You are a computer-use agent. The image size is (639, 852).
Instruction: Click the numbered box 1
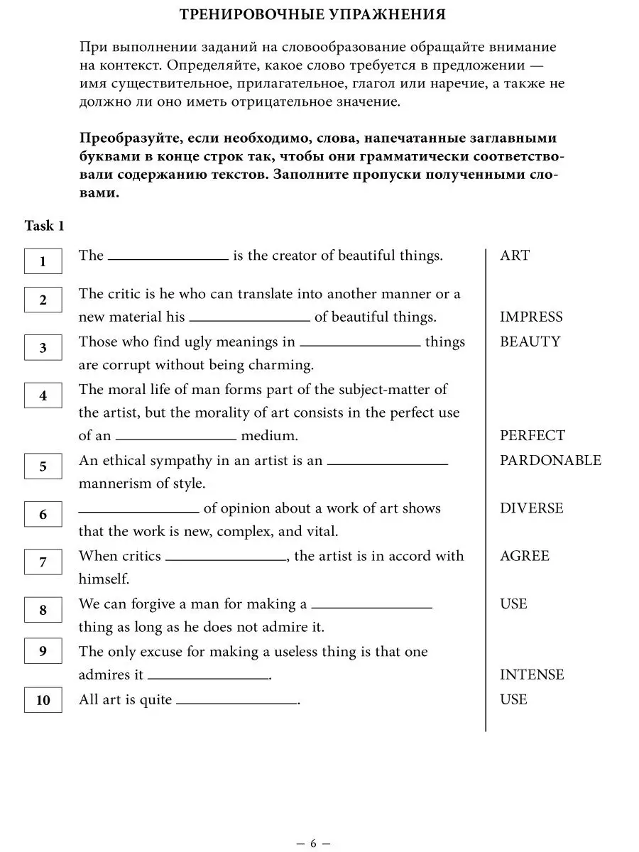coord(43,261)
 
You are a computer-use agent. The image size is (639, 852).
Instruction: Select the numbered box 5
coord(43,466)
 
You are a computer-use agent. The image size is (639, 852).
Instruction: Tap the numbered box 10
coord(43,701)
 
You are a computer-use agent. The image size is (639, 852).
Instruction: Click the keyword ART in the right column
coord(515,256)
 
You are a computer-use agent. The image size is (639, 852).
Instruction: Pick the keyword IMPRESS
coord(531,317)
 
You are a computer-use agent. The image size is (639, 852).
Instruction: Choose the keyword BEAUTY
coord(530,342)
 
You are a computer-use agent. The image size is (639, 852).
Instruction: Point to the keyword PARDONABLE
coord(550,460)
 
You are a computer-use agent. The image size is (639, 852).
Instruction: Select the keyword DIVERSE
coord(531,508)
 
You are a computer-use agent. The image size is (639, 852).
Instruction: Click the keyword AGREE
coord(524,556)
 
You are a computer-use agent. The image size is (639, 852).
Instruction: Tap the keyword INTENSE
coord(532,674)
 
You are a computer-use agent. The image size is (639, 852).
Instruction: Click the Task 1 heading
coord(44,226)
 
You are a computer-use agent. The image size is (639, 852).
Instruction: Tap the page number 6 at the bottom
coord(313,824)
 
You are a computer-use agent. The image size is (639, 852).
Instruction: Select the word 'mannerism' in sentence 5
coord(113,484)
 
